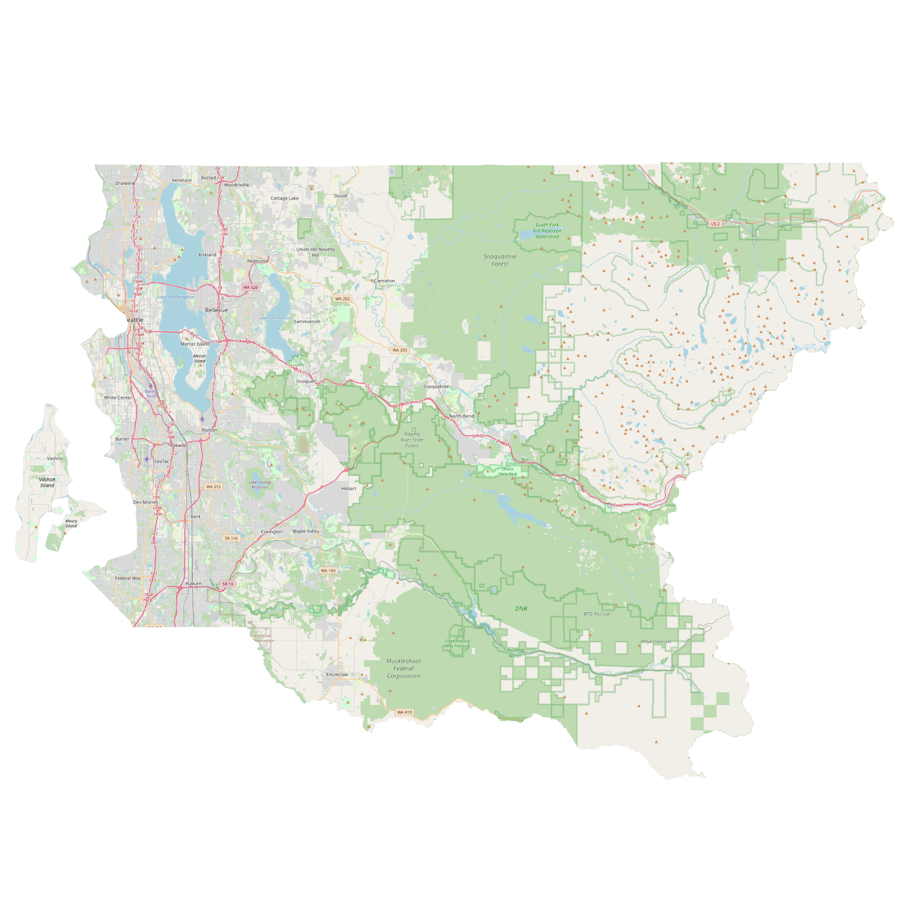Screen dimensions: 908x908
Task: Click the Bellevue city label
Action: tap(216, 310)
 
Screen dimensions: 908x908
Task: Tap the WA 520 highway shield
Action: tap(251, 287)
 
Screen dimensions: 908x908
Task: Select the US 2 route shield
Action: tap(715, 224)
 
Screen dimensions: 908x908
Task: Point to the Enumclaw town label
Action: tap(337, 675)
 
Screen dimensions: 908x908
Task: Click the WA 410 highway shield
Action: tap(404, 712)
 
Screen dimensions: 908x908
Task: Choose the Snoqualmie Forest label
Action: tap(500, 260)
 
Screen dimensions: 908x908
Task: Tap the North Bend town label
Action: tap(461, 416)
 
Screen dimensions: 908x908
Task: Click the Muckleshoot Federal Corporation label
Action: tap(403, 668)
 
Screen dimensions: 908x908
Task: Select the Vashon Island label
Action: tap(47, 482)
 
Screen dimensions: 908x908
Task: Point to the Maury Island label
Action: tap(71, 523)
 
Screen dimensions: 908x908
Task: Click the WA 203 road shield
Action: tap(400, 350)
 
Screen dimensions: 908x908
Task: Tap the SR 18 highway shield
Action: tap(228, 584)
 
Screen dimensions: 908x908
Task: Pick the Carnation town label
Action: tap(385, 281)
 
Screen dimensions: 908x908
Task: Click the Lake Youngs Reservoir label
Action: tap(260, 484)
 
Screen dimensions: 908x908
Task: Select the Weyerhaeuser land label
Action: tap(656, 641)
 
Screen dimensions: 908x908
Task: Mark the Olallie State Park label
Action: tap(508, 471)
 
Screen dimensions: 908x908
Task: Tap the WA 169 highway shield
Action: tap(328, 570)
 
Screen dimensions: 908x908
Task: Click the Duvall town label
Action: tap(341, 195)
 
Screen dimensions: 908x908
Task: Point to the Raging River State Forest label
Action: tap(412, 440)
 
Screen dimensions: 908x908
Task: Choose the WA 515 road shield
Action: tap(213, 487)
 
